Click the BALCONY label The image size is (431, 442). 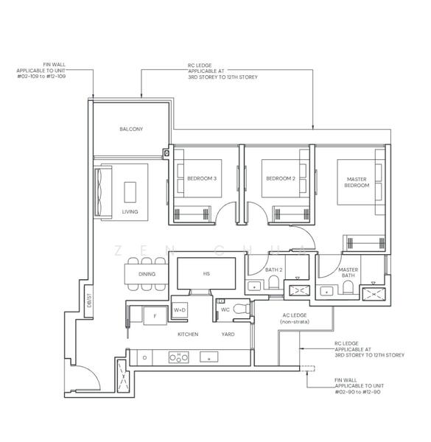click(x=131, y=129)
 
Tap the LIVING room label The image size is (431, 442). click(x=130, y=211)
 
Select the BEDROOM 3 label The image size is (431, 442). click(x=202, y=178)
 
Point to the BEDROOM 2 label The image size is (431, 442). click(x=281, y=178)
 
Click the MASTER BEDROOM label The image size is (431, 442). click(x=357, y=183)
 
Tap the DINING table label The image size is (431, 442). click(x=147, y=274)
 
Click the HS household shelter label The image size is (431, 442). click(x=206, y=274)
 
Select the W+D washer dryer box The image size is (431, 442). click(x=180, y=310)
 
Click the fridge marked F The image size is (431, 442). click(x=155, y=316)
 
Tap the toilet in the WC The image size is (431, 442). click(x=242, y=309)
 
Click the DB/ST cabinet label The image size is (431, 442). click(x=89, y=301)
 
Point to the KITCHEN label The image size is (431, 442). click(x=188, y=334)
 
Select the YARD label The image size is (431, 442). click(x=228, y=334)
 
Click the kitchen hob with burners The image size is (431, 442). click(x=179, y=357)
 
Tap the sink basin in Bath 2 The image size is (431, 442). click(x=254, y=287)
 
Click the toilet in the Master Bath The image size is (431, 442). click(x=348, y=287)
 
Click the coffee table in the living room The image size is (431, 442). click(x=130, y=192)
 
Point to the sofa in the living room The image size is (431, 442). click(x=102, y=192)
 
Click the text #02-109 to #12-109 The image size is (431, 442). click(x=41, y=77)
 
